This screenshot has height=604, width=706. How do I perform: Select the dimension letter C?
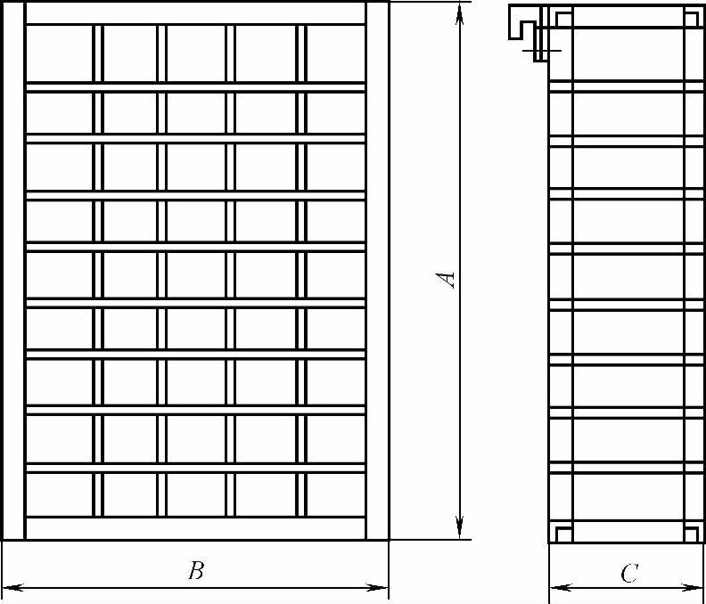(x=628, y=574)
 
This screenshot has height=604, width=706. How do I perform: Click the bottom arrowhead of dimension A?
(x=459, y=531)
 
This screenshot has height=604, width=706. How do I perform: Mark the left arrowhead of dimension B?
(x=11, y=587)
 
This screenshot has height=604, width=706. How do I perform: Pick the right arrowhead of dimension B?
(x=381, y=587)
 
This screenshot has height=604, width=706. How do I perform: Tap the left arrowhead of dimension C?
(x=556, y=587)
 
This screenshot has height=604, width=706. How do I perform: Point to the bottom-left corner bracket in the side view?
(x=562, y=533)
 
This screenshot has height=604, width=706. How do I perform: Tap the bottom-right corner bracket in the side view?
(x=690, y=533)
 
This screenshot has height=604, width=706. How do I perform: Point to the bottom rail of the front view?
(x=195, y=529)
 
